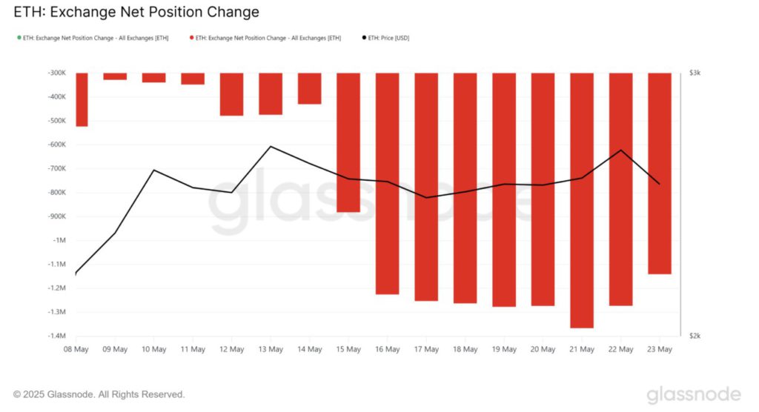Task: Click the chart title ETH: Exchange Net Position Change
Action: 136,13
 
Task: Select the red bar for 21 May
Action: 582,200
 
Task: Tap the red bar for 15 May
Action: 348,142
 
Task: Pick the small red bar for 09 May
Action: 115,76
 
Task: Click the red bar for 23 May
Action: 660,173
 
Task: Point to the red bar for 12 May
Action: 231,94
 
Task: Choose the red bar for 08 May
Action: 81,99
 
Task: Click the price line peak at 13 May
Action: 271,147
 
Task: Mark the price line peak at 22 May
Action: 620,150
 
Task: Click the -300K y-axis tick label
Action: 56,73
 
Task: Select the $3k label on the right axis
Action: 695,73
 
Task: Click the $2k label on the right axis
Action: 695,336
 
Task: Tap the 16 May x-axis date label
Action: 387,349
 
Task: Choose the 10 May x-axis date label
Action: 153,349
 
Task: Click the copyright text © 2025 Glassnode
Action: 99,394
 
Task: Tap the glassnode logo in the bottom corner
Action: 694,393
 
